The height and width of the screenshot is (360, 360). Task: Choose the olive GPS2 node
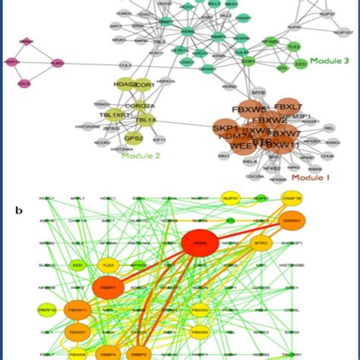134,138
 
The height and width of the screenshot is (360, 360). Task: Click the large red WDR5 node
201,245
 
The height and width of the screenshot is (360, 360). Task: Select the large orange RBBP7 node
107,289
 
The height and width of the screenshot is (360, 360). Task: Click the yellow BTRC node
260,243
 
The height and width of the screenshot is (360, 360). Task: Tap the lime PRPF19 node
46,311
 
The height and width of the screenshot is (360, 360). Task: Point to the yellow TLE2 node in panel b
107,265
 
